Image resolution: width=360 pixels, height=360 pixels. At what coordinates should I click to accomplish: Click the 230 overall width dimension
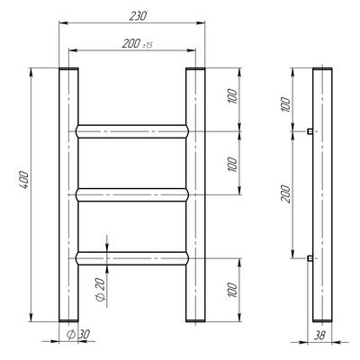(138, 16)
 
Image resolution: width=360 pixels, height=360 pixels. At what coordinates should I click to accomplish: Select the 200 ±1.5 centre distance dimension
(138, 44)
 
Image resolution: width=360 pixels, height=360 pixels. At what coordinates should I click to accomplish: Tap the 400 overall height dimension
(24, 180)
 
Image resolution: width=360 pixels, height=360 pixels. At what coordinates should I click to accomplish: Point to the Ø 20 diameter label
(100, 290)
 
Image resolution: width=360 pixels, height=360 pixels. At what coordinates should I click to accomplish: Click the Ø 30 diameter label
(78, 334)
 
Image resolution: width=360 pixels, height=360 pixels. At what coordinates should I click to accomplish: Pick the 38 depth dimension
(320, 335)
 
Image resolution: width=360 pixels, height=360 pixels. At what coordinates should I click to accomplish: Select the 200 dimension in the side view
(285, 194)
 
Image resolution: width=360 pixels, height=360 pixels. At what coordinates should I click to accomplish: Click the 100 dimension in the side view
(286, 104)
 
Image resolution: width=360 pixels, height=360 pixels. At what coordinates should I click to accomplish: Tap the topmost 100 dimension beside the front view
(232, 96)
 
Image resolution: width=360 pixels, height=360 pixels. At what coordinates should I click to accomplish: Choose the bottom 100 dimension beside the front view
(232, 290)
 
